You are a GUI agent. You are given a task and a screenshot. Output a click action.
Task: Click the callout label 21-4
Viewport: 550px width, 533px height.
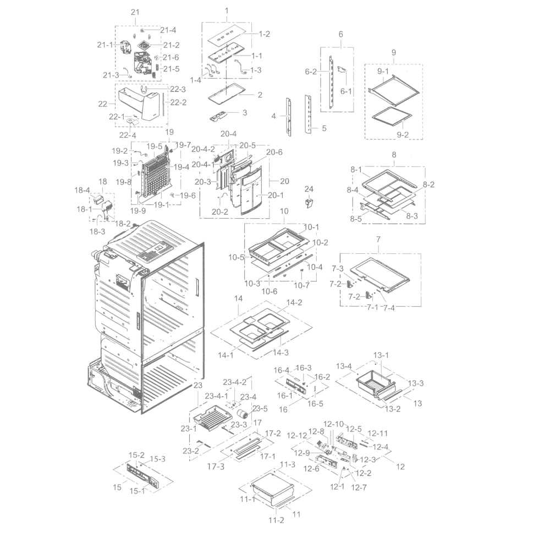(168, 30)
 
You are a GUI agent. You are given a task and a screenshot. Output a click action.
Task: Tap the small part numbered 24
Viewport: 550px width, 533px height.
(309, 203)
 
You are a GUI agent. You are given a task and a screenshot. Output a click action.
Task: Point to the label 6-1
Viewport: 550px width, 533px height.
(346, 92)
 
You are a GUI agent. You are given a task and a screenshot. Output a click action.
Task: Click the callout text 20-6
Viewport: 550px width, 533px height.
(274, 152)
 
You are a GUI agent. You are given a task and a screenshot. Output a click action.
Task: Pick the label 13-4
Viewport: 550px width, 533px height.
(344, 366)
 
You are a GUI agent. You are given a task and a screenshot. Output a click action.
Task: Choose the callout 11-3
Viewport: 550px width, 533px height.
(287, 465)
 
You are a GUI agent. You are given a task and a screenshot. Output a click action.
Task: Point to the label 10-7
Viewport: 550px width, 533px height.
(301, 285)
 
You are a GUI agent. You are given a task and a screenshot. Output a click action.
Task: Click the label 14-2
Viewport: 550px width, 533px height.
(294, 303)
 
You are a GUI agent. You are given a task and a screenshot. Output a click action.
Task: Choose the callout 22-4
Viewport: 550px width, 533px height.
(128, 136)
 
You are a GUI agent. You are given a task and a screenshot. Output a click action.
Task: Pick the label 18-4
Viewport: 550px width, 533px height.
(82, 190)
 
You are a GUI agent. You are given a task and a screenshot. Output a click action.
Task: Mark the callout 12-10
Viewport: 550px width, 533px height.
(333, 424)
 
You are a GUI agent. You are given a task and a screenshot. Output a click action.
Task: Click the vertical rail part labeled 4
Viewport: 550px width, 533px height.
(288, 115)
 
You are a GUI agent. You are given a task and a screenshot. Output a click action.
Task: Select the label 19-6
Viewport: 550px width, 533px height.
(188, 195)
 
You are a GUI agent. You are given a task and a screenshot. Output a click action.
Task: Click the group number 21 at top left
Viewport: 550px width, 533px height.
(135, 12)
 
